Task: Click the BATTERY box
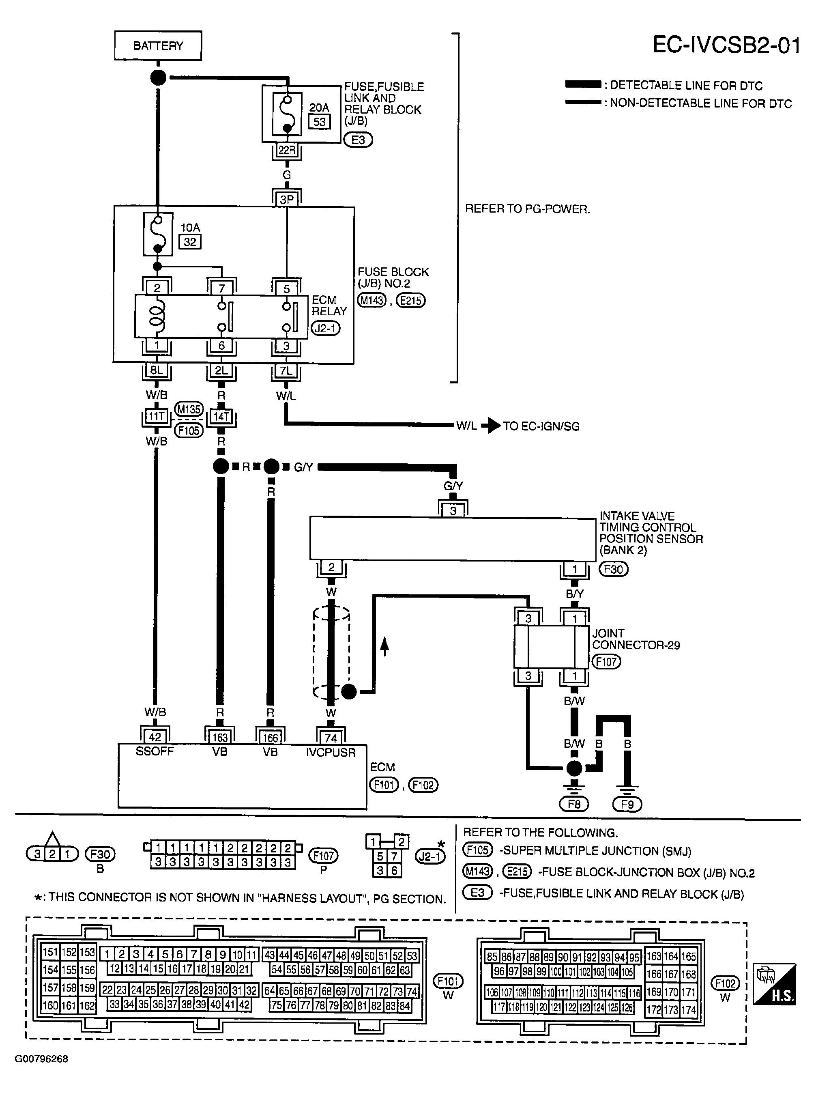(158, 45)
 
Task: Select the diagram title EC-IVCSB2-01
(726, 45)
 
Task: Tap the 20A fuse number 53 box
(319, 122)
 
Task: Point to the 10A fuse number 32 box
(190, 242)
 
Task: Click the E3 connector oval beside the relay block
(358, 140)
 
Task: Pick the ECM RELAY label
(329, 306)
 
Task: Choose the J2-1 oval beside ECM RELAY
(326, 328)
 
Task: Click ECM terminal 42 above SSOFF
(155, 737)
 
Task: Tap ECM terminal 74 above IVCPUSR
(331, 738)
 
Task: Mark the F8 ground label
(574, 805)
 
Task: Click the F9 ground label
(627, 805)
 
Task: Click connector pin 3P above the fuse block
(286, 200)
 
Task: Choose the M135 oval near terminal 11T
(189, 409)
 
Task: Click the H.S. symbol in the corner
(775, 983)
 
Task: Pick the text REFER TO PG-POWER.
(528, 209)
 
